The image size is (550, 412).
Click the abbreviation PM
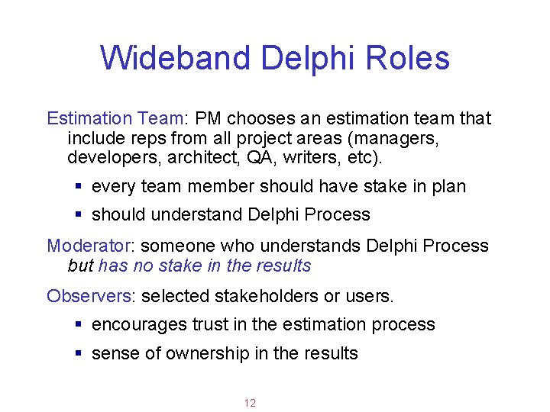pyautogui.click(x=209, y=119)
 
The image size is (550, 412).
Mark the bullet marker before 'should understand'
pyautogui.click(x=79, y=215)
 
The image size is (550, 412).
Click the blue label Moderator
pyautogui.click(x=90, y=246)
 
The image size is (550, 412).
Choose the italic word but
pyautogui.click(x=80, y=266)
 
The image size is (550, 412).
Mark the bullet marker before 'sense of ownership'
pyautogui.click(x=79, y=353)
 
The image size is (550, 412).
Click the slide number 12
pyautogui.click(x=250, y=403)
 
